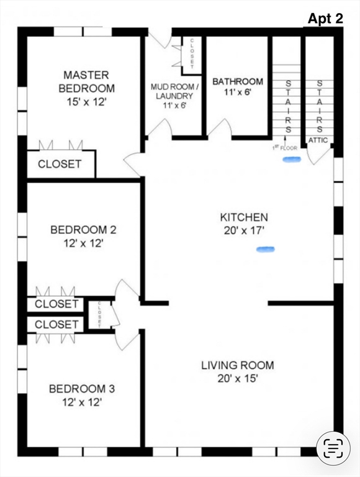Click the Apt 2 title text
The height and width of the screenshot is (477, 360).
pyautogui.click(x=325, y=19)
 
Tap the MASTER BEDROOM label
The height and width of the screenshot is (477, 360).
pyautogui.click(x=87, y=81)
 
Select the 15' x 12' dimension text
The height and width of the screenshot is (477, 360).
pyautogui.click(x=87, y=102)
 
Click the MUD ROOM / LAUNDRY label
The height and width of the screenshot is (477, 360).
pyautogui.click(x=174, y=91)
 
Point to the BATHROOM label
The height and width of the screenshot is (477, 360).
pyautogui.click(x=238, y=81)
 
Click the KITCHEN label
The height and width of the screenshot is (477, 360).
pyautogui.click(x=244, y=217)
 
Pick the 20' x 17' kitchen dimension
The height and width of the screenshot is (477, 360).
pyautogui.click(x=243, y=230)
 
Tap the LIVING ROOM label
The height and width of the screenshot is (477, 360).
pyautogui.click(x=238, y=365)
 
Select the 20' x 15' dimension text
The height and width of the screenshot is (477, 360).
pyautogui.click(x=238, y=379)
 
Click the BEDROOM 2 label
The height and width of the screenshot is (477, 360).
pyautogui.click(x=83, y=229)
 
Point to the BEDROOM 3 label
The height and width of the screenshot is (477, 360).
pyautogui.click(x=82, y=389)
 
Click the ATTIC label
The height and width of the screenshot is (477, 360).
pyautogui.click(x=318, y=140)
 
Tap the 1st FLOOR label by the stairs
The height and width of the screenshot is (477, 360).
pyautogui.click(x=284, y=148)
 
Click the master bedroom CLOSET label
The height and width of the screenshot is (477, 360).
pyautogui.click(x=60, y=164)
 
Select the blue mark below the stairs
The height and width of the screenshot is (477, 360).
pyautogui.click(x=292, y=159)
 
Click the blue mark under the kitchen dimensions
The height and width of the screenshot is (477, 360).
pyautogui.click(x=266, y=250)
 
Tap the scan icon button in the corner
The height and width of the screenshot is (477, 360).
pyautogui.click(x=333, y=448)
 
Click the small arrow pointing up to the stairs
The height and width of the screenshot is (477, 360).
pyautogui.click(x=285, y=140)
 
